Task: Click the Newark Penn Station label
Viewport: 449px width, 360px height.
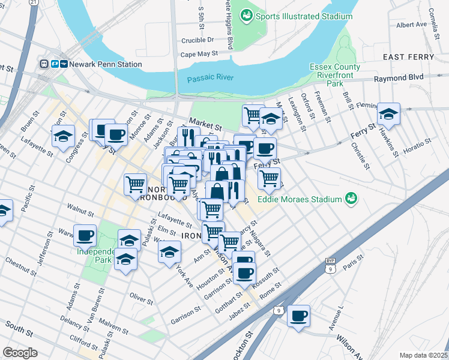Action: (106, 64)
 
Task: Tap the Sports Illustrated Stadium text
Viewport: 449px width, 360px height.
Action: (304, 16)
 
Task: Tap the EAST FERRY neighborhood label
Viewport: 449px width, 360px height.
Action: (408, 56)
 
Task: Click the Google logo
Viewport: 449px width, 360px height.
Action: (20, 352)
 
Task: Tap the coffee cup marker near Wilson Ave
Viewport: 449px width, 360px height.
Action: (298, 316)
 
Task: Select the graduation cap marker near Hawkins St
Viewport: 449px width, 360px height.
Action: (388, 114)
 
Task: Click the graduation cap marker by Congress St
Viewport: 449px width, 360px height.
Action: (63, 136)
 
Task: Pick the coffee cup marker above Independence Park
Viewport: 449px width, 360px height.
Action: (85, 235)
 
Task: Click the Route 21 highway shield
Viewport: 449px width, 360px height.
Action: (34, 3)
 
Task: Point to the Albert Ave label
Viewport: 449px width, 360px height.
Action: (411, 25)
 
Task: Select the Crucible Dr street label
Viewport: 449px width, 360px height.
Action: (197, 40)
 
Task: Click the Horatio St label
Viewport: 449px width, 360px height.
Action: (418, 143)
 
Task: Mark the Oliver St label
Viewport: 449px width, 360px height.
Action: (141, 297)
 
